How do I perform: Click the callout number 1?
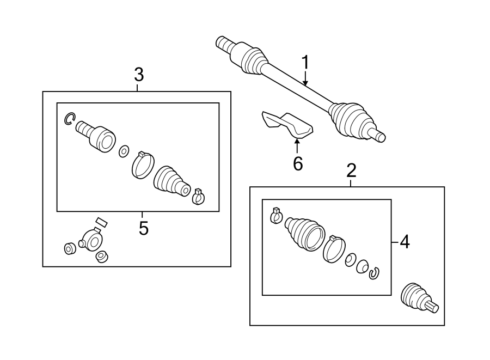[305, 63]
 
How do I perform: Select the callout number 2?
[351, 171]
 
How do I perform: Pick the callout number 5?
[143, 228]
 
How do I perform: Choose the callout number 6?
[298, 163]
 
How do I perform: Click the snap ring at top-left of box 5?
[69, 118]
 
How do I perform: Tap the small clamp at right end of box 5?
[199, 196]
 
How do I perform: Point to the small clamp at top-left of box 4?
[275, 216]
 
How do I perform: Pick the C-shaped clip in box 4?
[373, 273]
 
